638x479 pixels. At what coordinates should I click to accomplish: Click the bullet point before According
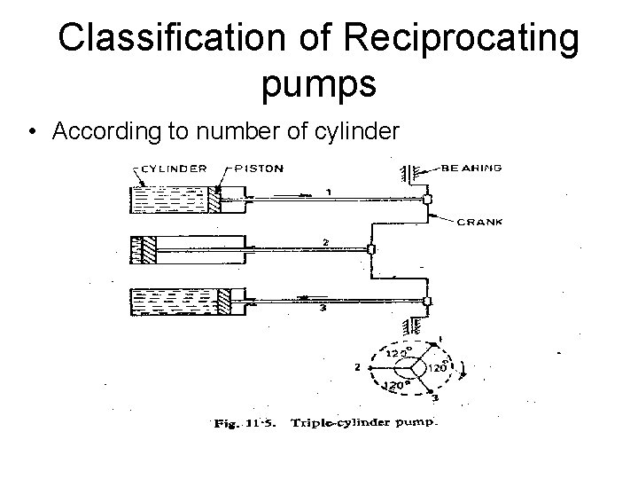(x=33, y=132)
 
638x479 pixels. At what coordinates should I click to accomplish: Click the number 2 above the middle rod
(x=327, y=241)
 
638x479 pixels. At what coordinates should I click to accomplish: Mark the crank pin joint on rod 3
(x=427, y=302)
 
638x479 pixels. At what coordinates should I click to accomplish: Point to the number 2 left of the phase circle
(x=355, y=365)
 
